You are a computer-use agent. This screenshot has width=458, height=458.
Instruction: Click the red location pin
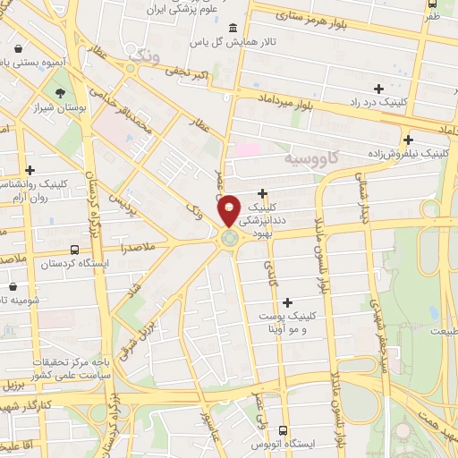pos(229,209)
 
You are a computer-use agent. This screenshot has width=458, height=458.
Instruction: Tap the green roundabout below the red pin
pos(229,238)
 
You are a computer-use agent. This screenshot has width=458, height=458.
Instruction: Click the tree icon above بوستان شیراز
pos(60,92)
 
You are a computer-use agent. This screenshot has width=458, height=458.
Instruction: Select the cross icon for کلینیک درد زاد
pos(379,89)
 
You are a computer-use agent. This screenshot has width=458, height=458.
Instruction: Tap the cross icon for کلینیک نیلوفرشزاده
pos(408,140)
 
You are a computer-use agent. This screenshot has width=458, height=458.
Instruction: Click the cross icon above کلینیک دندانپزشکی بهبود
pos(262,193)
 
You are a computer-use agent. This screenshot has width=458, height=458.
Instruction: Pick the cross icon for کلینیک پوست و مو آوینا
pos(286,302)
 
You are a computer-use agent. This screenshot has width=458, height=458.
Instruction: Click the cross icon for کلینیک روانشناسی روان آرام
pos(30,170)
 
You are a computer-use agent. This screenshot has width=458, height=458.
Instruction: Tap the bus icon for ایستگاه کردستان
pos(73,251)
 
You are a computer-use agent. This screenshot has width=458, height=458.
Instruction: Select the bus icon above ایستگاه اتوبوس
pos(283,430)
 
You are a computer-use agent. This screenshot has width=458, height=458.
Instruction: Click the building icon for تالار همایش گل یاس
pos(233,27)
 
